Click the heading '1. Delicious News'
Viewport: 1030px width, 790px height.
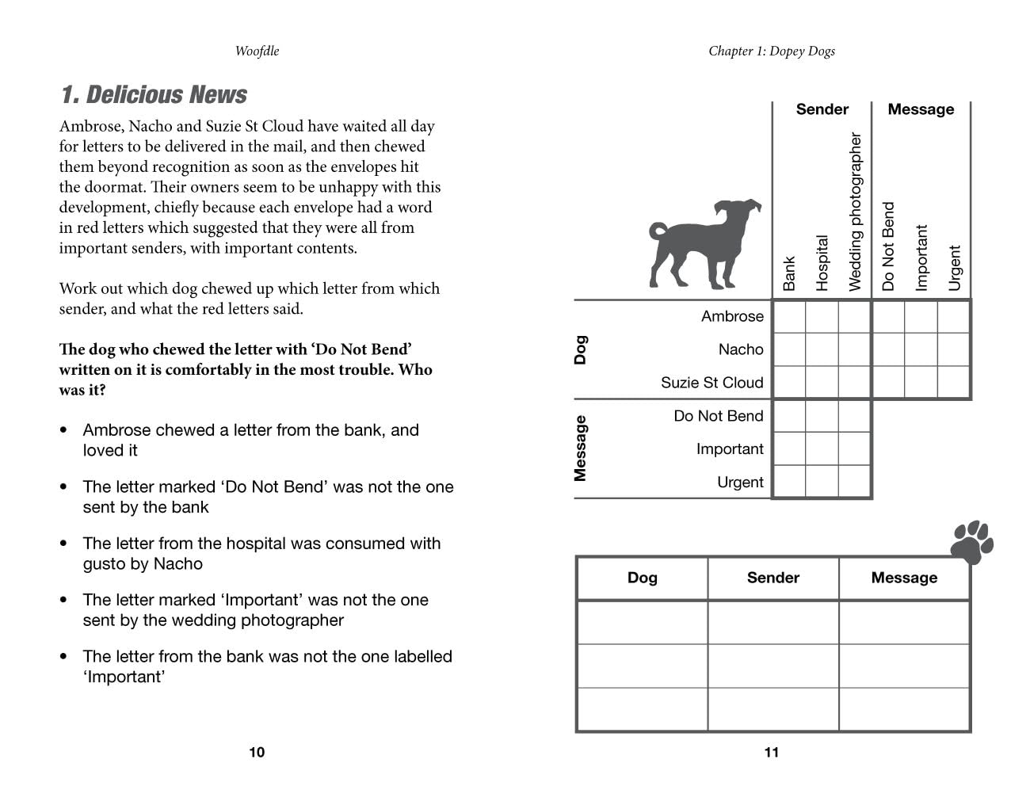154,95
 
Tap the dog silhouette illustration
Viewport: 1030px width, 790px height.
703,242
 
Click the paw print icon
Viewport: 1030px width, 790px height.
971,542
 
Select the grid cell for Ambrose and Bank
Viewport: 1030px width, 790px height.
789,317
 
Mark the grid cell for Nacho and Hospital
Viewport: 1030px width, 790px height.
822,349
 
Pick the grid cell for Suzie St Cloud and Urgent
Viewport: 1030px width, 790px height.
954,383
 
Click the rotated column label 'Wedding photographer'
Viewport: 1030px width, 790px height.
855,212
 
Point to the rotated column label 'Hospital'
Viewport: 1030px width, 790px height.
822,262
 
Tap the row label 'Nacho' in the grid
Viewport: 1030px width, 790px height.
741,349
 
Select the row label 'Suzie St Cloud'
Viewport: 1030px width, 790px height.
712,383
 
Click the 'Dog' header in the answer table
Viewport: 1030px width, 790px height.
642,578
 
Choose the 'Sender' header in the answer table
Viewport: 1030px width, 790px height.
772,578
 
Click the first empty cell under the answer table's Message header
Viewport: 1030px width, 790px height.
904,622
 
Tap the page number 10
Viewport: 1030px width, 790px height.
257,752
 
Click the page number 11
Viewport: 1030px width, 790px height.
772,752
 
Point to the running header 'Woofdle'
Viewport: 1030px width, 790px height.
257,51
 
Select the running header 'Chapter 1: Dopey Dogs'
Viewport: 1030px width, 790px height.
772,51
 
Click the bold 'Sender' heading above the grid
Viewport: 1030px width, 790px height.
822,109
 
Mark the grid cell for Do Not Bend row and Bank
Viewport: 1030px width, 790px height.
789,416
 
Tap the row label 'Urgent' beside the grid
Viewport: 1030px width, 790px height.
740,483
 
